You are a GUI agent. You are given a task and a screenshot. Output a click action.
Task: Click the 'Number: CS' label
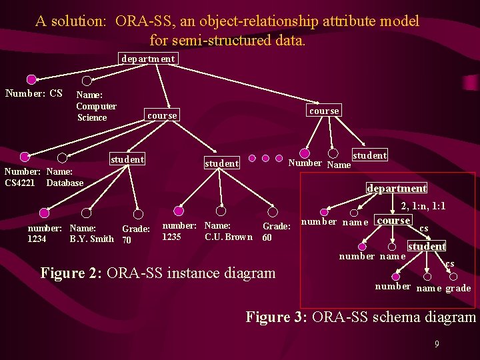click(34, 93)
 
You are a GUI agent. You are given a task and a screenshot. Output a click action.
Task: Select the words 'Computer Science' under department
click(96, 112)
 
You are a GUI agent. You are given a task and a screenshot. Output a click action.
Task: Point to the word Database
click(65, 183)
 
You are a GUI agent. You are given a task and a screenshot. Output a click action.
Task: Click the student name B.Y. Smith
click(91, 239)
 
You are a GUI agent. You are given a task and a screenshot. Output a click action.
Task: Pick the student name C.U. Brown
click(229, 237)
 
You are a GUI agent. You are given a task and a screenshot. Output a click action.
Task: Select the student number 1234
click(37, 239)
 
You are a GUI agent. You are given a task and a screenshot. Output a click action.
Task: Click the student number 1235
click(171, 237)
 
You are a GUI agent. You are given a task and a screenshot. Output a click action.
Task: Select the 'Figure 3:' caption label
click(275, 317)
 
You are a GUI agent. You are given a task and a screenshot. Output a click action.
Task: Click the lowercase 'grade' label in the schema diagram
click(458, 288)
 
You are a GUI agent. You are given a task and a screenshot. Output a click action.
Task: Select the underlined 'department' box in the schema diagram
click(397, 189)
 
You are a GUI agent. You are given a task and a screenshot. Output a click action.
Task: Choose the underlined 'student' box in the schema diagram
click(427, 247)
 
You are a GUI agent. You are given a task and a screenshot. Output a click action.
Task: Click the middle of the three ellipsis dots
click(265, 159)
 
